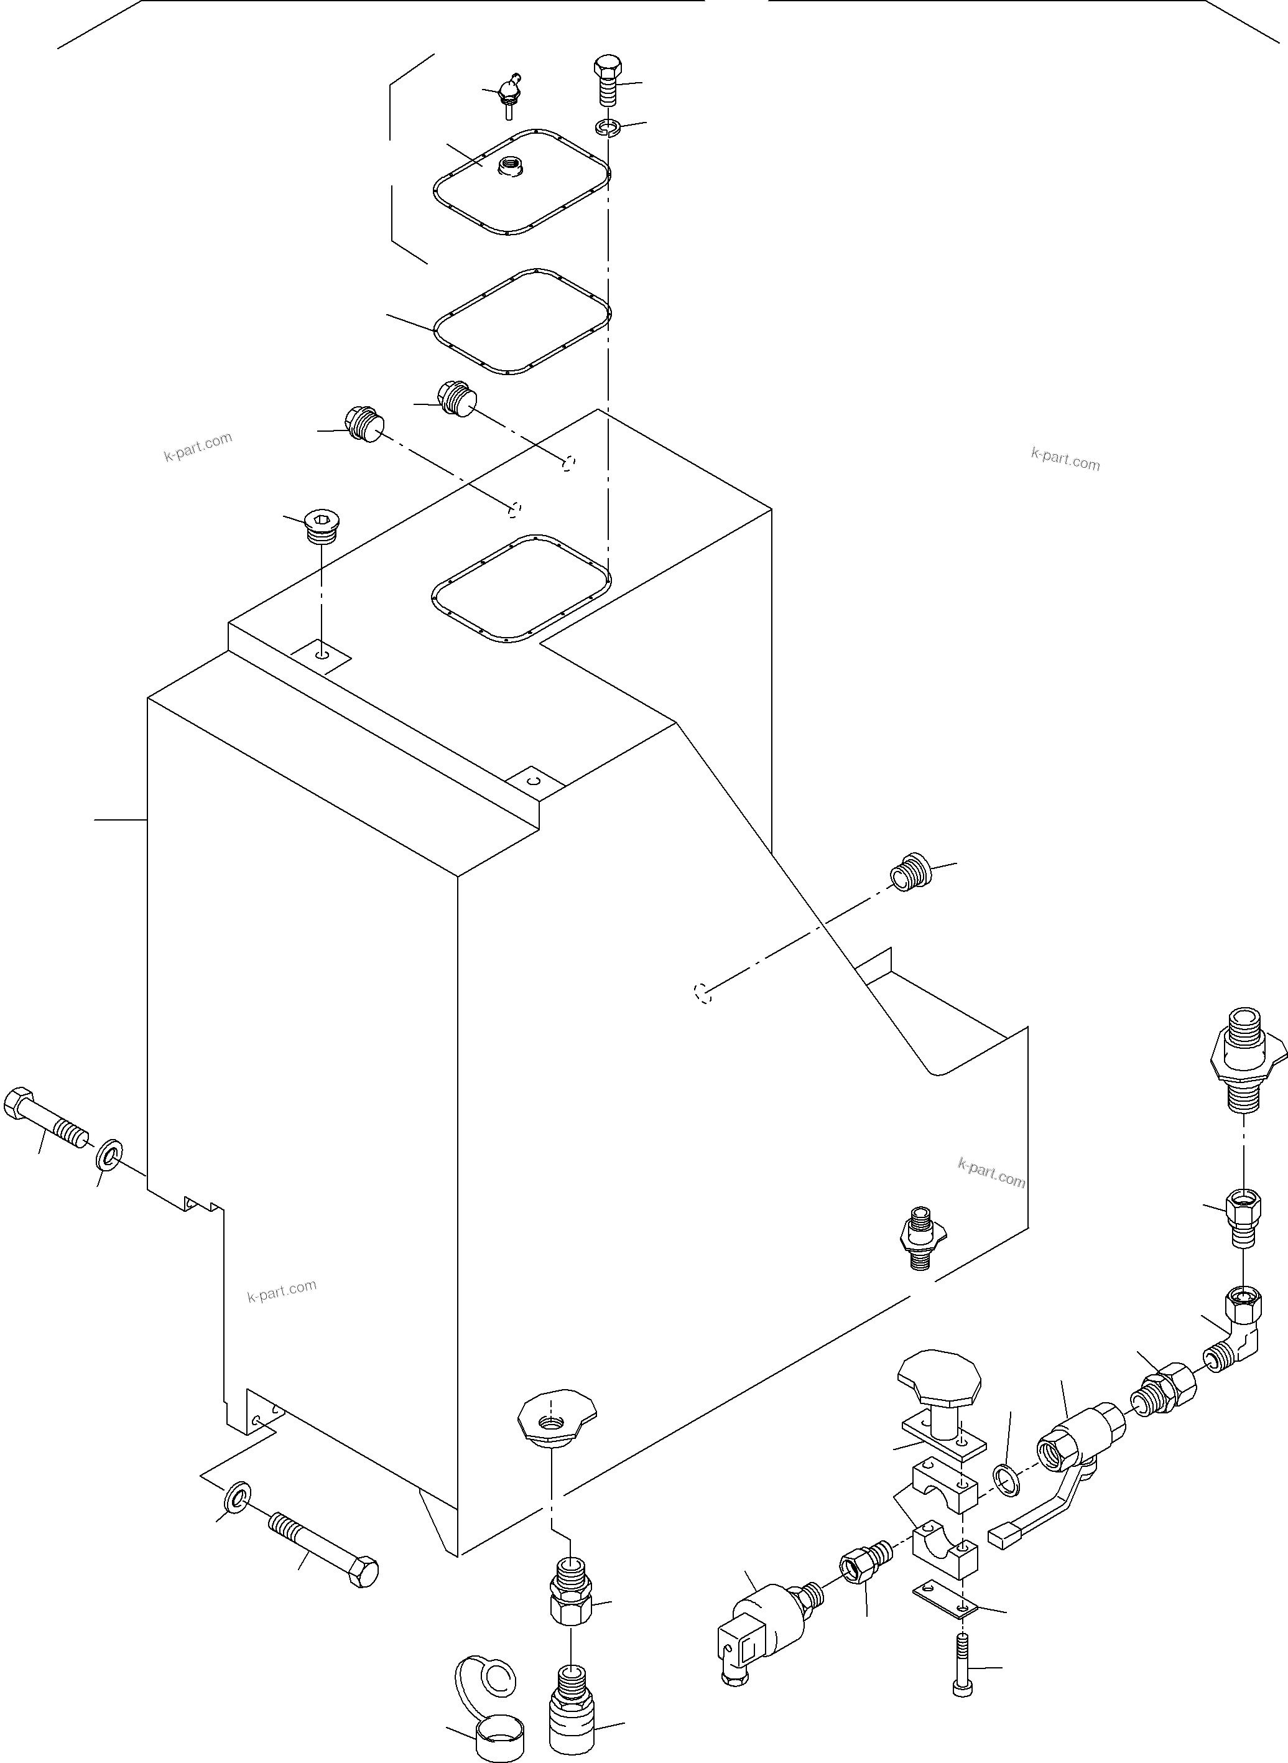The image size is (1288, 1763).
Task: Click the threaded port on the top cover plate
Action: click(x=514, y=166)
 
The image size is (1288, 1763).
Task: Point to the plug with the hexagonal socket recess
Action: click(x=319, y=525)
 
